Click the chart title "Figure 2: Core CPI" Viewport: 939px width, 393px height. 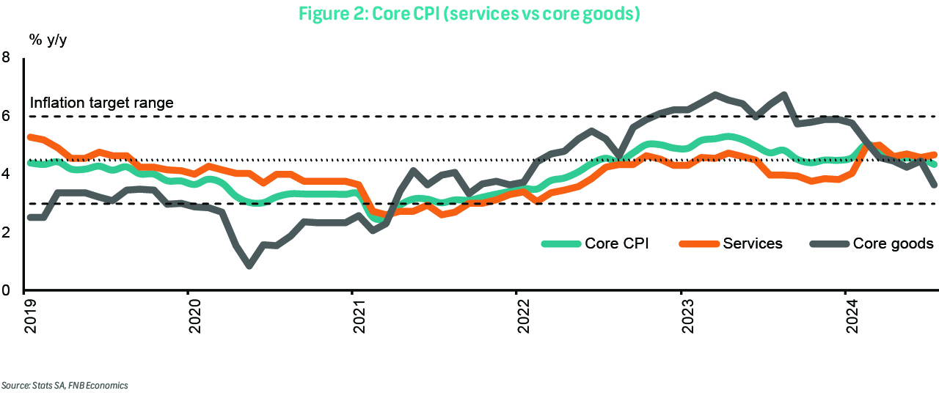[x=469, y=14]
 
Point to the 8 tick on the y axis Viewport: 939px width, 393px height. [x=7, y=57]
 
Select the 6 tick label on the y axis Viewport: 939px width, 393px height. [x=7, y=116]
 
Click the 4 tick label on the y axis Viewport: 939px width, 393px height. [x=7, y=175]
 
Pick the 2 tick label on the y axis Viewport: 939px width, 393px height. [x=7, y=232]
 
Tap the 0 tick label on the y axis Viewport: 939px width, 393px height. [x=7, y=291]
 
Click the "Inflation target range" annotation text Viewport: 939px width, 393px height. [x=102, y=103]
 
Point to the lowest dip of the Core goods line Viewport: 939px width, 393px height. [x=249, y=265]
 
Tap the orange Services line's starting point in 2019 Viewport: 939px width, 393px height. [x=29, y=137]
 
